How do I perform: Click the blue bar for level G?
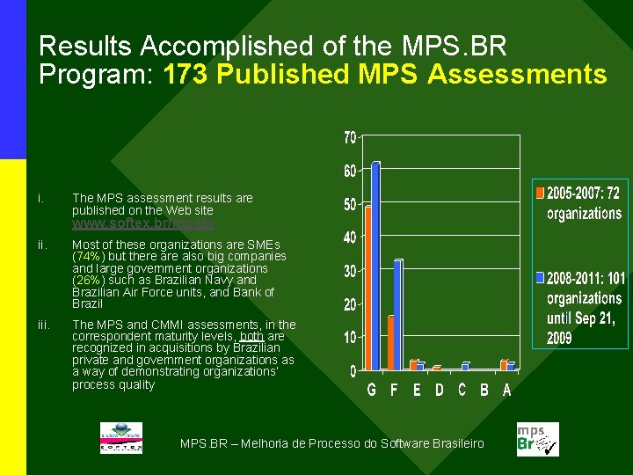(x=375, y=265)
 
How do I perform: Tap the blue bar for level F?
(x=397, y=314)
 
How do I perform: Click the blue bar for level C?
(x=465, y=365)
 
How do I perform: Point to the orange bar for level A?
(x=504, y=364)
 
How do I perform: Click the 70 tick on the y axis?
(x=349, y=138)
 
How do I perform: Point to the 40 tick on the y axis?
(x=349, y=237)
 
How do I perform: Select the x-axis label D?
(x=439, y=390)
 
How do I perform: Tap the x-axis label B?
(x=484, y=390)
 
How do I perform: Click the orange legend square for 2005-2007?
(x=540, y=190)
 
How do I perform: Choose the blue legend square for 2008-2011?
(x=540, y=277)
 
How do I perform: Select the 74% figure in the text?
(x=86, y=256)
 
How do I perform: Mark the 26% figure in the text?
(x=86, y=280)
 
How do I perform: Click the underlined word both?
(x=251, y=336)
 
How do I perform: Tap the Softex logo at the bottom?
(x=120, y=437)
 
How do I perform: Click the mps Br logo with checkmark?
(x=537, y=439)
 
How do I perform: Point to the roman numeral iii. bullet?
(x=43, y=325)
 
